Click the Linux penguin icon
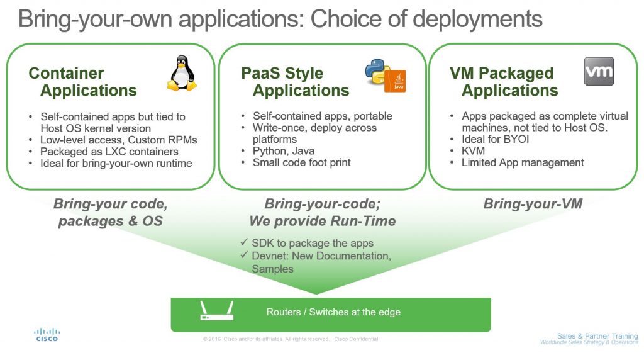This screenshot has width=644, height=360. (182, 73)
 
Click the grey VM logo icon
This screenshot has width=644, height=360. (599, 71)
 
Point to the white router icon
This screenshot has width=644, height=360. (217, 311)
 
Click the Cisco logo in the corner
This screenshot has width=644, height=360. (47, 334)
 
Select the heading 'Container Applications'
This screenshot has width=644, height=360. (83, 82)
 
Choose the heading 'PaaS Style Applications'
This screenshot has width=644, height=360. (296, 82)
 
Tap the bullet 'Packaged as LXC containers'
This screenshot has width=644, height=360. (109, 151)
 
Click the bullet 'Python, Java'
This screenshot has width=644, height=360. (284, 151)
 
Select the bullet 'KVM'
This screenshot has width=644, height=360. (473, 151)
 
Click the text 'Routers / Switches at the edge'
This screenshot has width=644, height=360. (333, 312)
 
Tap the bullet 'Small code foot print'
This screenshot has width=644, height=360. (302, 162)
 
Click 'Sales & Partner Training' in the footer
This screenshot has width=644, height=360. (597, 336)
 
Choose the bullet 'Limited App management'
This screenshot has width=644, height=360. (523, 162)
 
